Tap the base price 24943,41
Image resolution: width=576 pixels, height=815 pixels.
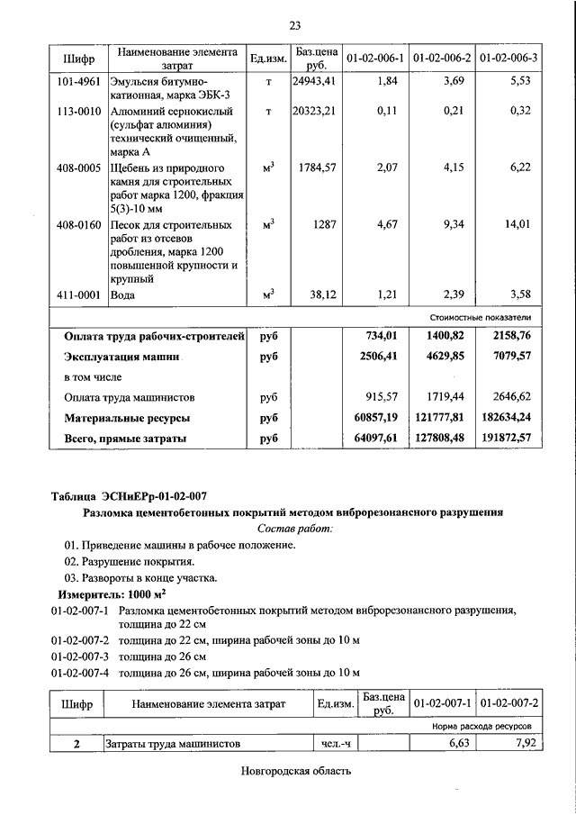[x=314, y=82]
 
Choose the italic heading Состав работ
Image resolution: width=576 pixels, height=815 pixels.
[x=294, y=529]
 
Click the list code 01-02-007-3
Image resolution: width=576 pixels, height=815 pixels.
[x=80, y=657]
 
